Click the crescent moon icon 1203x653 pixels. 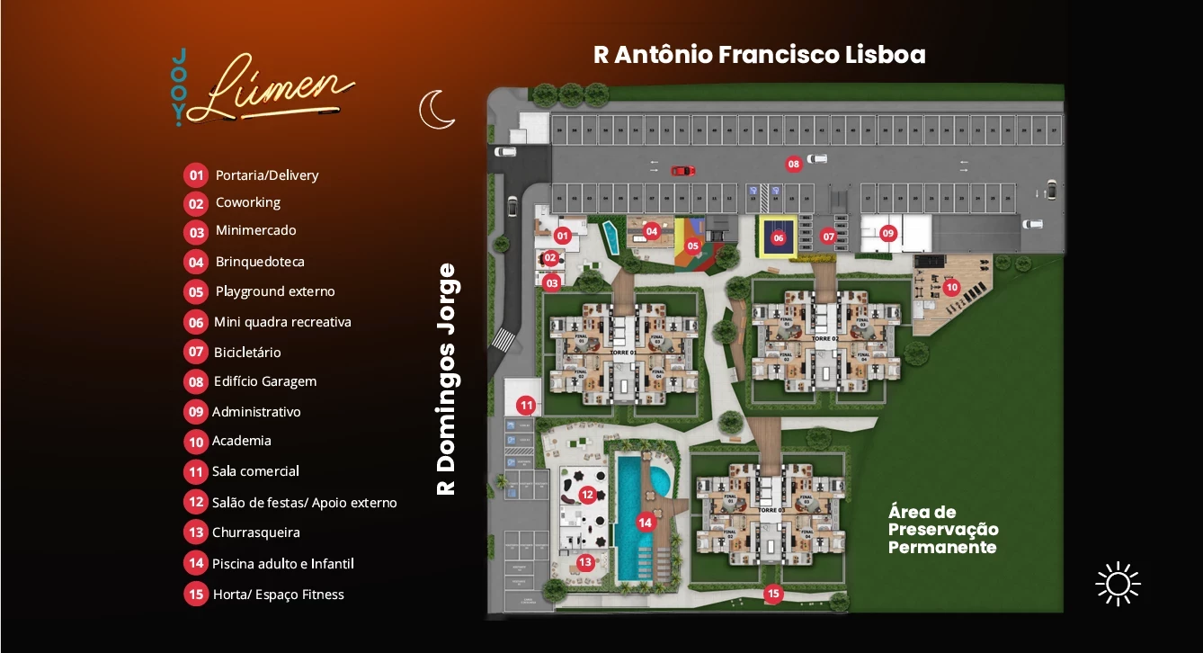click(x=437, y=109)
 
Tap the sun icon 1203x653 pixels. click(x=1118, y=584)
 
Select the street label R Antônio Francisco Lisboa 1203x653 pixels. click(x=759, y=55)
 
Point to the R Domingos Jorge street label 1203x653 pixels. click(x=447, y=379)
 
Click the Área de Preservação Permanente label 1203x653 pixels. click(x=942, y=530)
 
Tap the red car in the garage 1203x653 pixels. click(x=682, y=170)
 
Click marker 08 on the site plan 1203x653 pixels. click(x=793, y=164)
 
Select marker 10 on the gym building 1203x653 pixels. click(x=951, y=288)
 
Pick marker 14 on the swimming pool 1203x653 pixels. click(x=645, y=522)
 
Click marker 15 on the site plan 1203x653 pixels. click(x=772, y=594)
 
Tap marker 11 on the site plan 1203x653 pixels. click(x=526, y=406)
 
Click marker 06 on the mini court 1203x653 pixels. click(x=779, y=238)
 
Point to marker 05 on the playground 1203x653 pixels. click(x=693, y=245)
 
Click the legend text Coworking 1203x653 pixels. click(x=248, y=202)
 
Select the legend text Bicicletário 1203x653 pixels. click(x=247, y=353)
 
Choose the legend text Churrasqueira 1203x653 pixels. click(x=256, y=532)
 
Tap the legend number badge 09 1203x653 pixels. click(x=196, y=412)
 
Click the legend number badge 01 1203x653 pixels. click(x=196, y=175)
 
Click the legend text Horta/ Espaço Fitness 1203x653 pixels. click(x=279, y=595)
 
